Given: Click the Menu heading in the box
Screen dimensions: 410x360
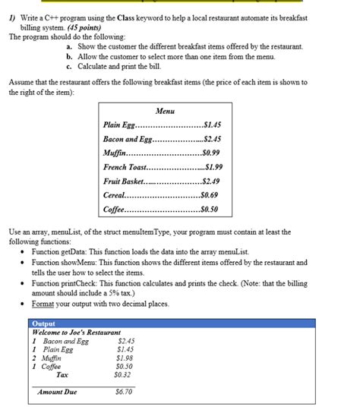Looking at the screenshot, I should click(165, 112).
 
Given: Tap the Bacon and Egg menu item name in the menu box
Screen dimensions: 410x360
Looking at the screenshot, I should click(128, 140).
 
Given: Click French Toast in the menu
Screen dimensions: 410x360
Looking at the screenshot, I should click(125, 167).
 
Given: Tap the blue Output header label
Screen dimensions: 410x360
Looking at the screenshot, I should click(46, 323).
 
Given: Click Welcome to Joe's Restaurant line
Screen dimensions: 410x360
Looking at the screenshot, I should click(77, 333).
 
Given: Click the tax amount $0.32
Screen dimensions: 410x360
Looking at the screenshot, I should click(122, 374).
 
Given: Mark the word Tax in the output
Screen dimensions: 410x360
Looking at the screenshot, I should click(62, 374).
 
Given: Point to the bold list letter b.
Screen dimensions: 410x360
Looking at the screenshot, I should click(69, 56).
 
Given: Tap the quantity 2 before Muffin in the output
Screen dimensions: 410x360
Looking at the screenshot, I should click(35, 358).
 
